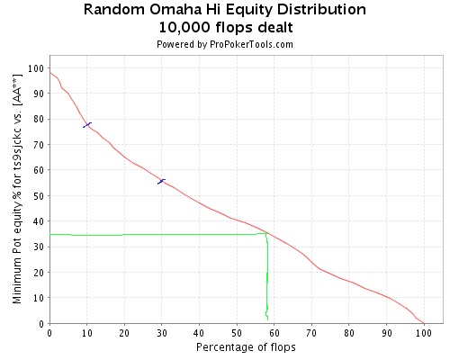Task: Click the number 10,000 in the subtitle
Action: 184,28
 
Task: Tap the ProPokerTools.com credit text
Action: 251,44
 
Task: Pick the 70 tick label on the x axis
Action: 311,333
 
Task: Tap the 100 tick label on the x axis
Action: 424,333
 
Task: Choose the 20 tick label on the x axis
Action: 124,333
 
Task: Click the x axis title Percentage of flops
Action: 246,347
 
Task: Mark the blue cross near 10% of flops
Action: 87,125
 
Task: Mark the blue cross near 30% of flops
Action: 161,182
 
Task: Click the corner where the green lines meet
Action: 266,233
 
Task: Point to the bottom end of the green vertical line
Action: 267,319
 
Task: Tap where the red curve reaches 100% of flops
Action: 424,323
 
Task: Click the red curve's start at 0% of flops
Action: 49,72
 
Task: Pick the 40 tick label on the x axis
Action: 199,333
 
